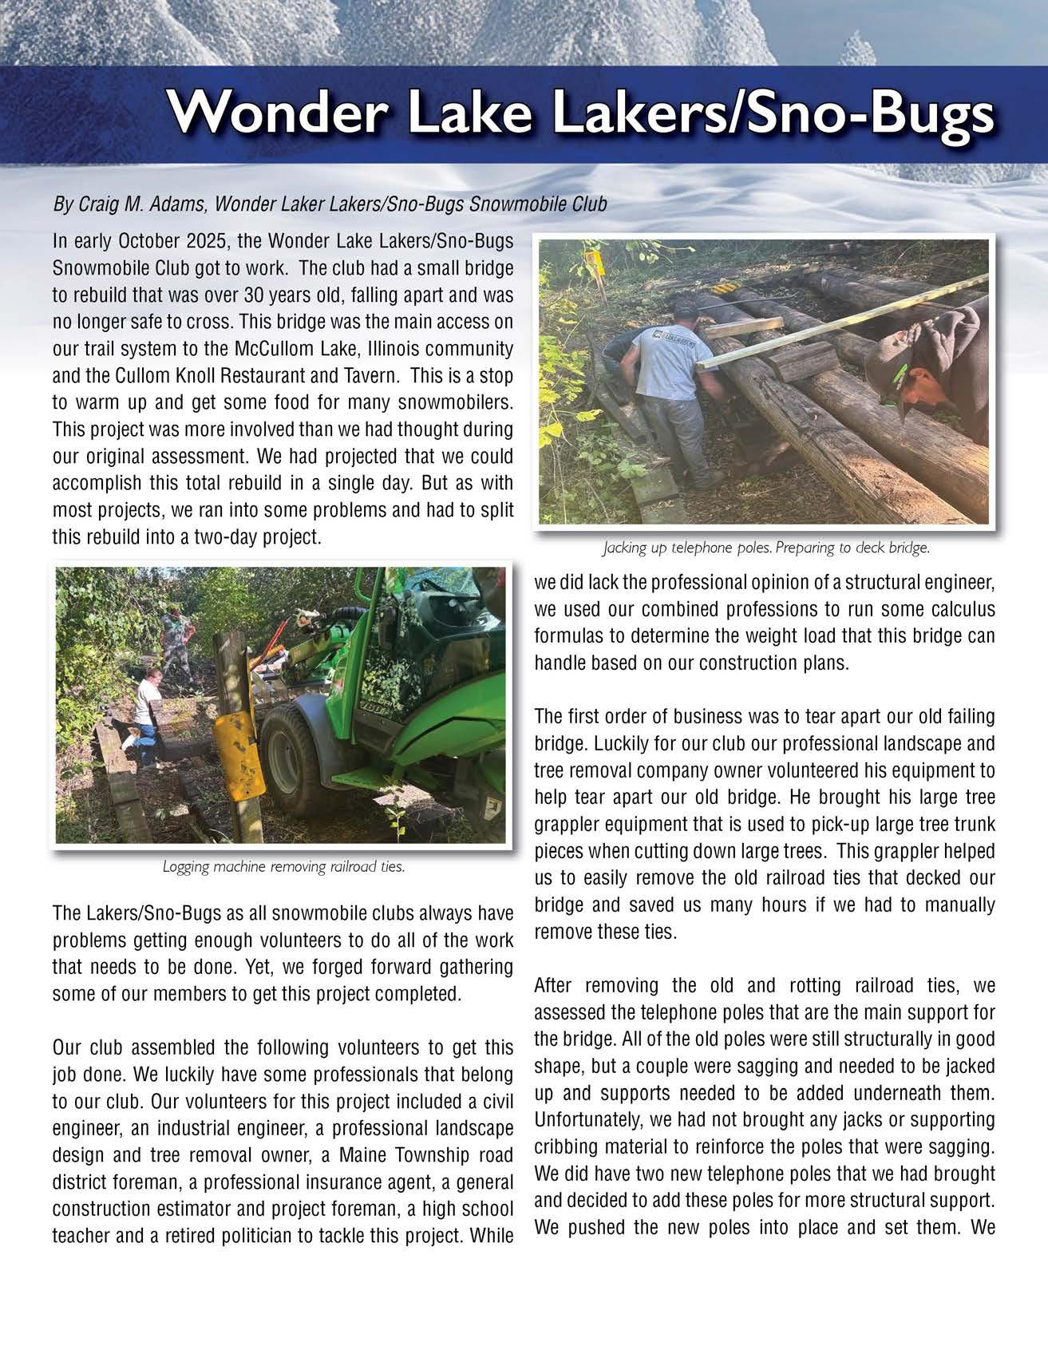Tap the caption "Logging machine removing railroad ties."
pos(283,867)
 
